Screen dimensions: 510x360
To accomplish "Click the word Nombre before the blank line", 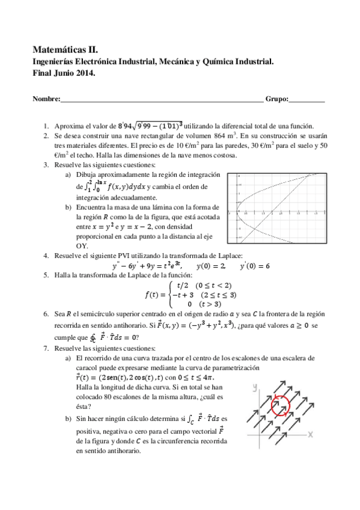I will click(x=46, y=99).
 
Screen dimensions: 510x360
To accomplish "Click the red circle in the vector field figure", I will click(x=280, y=407).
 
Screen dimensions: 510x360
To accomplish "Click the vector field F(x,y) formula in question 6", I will click(x=191, y=326).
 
